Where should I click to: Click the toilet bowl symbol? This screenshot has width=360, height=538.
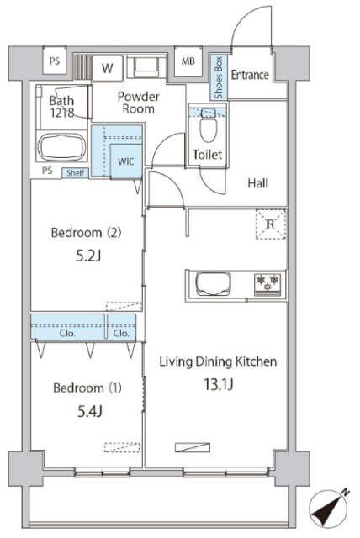tap(208, 126)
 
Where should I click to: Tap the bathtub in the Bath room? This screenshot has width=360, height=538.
tap(61, 147)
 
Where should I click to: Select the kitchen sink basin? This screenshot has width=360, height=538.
tap(213, 284)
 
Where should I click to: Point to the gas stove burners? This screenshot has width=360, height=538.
tap(267, 284)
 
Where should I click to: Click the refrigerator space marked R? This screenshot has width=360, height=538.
tap(271, 224)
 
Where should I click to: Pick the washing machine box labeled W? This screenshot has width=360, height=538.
tap(108, 68)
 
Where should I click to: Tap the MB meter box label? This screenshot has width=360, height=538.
tap(188, 61)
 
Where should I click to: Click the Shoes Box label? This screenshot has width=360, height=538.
tap(218, 77)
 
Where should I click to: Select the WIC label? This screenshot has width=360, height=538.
tap(125, 161)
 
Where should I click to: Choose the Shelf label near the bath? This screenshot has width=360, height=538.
tap(75, 173)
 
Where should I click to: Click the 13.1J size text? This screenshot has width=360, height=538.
tap(219, 385)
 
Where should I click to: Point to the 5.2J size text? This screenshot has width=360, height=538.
tap(88, 256)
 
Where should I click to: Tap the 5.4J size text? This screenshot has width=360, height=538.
tap(89, 411)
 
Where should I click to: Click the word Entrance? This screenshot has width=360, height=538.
tap(250, 75)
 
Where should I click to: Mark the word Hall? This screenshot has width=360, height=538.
tap(257, 183)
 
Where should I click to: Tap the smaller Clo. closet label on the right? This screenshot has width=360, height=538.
tap(121, 333)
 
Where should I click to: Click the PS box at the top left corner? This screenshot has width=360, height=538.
tap(55, 61)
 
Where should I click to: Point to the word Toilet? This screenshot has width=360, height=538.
tap(207, 155)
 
